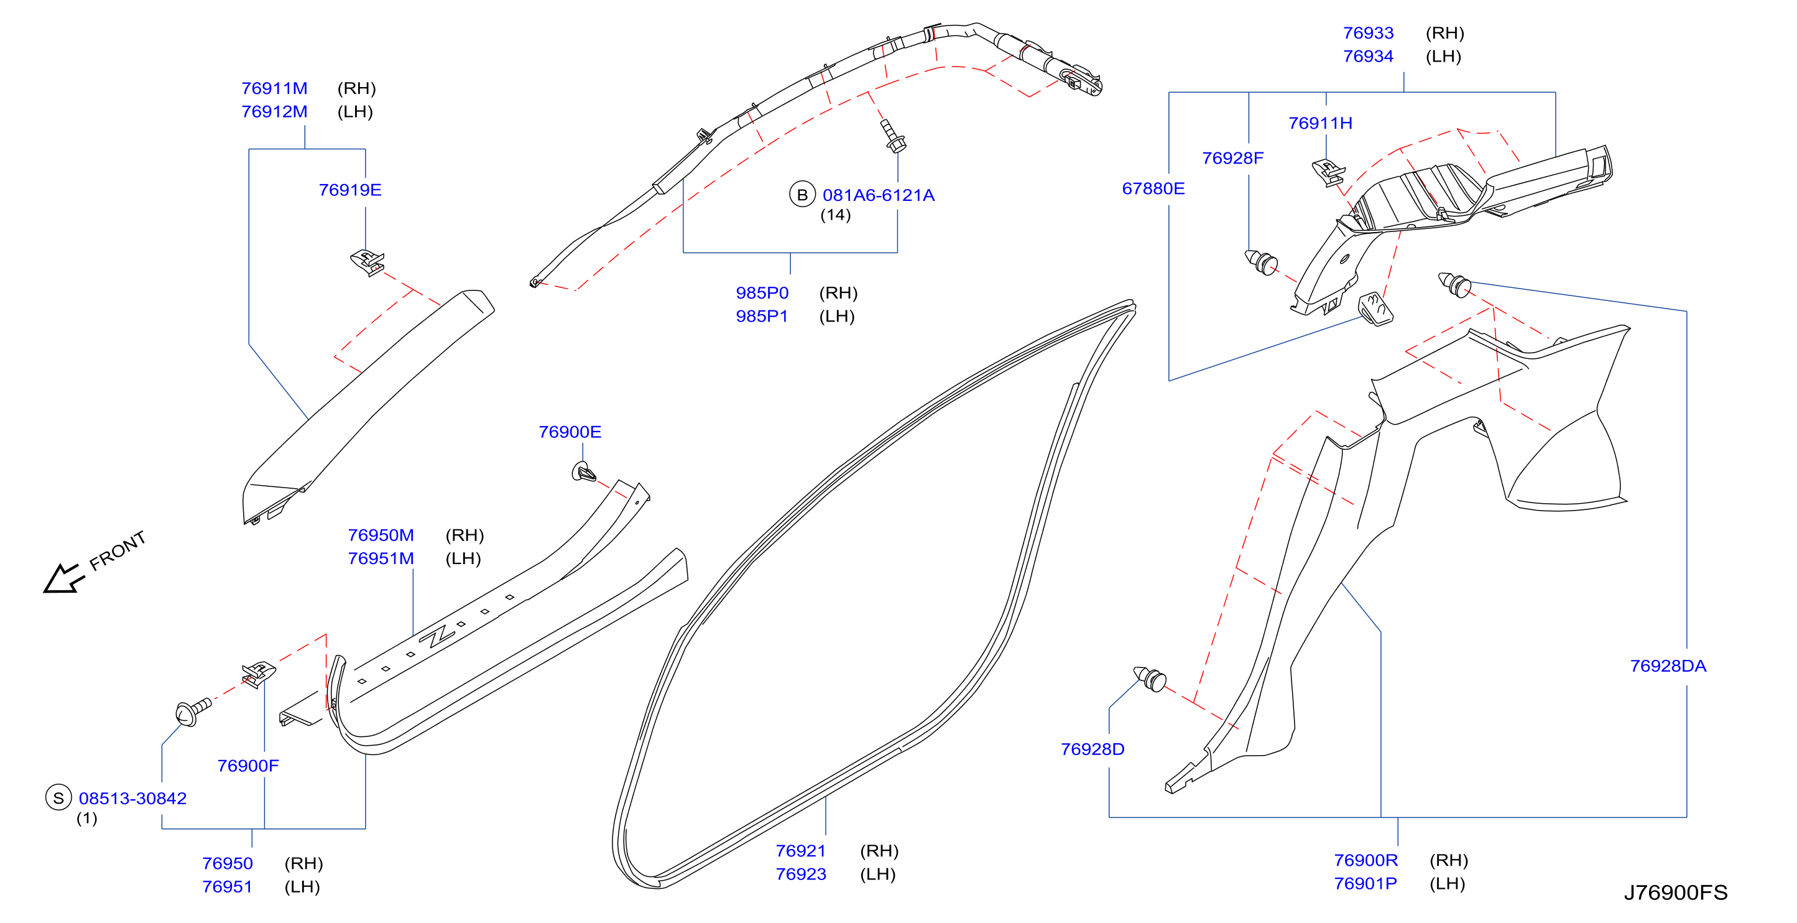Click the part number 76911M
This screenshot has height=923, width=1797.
pos(274,88)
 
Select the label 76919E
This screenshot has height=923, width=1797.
pos(350,190)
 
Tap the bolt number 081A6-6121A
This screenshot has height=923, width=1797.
pos(878,195)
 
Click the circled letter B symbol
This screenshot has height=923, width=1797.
pos(802,195)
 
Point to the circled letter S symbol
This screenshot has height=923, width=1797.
pos(58,797)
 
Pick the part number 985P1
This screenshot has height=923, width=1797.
pos(762,316)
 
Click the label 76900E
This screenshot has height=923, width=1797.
pos(570,432)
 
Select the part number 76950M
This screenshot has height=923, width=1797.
pos(381,535)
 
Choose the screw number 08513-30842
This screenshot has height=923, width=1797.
pos(132,798)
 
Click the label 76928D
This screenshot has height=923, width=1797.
pos(1093,749)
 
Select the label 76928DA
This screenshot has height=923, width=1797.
pos(1668,666)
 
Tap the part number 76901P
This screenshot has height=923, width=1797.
pos(1365,883)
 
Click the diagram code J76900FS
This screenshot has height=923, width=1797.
pos(1676,893)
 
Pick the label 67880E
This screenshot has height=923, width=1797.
pos(1153,188)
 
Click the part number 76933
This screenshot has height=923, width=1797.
pos(1368,33)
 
